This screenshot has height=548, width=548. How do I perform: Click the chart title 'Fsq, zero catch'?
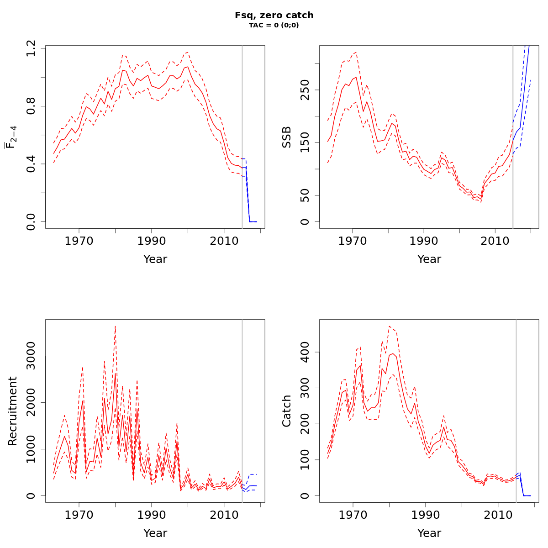click(x=274, y=15)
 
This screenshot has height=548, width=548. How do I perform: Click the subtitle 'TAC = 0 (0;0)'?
click(x=274, y=25)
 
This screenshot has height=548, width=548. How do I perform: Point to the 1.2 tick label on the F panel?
click(x=31, y=48)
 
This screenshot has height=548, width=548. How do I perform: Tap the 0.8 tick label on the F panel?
click(x=31, y=106)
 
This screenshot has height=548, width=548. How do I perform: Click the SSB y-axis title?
click(x=286, y=137)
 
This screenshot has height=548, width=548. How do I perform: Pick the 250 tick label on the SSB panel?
click(x=305, y=90)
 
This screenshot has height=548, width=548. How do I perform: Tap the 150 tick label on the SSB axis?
click(x=305, y=142)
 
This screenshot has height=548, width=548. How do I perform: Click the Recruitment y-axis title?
click(x=12, y=411)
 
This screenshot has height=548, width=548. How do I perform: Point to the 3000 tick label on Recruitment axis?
click(x=31, y=356)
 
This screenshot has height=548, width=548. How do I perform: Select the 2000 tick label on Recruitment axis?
click(x=31, y=402)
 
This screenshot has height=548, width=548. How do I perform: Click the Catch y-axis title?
click(x=286, y=411)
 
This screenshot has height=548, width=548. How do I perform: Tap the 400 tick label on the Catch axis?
click(x=305, y=352)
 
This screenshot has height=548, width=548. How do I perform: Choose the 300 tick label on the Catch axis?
click(x=305, y=388)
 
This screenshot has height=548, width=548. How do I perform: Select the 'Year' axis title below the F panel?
click(x=155, y=259)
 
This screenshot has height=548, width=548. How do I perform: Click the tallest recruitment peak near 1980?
click(x=115, y=327)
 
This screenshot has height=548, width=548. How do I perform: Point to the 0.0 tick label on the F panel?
click(x=31, y=221)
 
